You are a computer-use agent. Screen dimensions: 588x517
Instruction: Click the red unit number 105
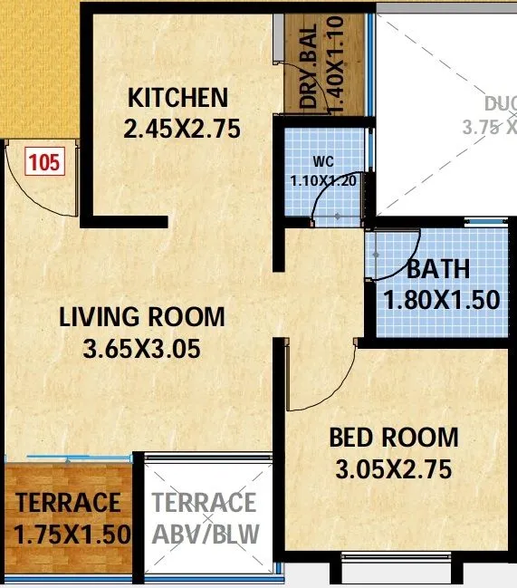coord(43,163)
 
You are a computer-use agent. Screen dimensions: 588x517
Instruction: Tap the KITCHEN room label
coord(177,98)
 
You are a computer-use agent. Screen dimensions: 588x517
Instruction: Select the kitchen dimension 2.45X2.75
coord(182,129)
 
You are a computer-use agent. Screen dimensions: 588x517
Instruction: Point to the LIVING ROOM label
coord(142,317)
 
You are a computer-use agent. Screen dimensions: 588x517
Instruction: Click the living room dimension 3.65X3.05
coord(141,348)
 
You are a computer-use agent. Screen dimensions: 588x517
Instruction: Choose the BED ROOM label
coord(393,439)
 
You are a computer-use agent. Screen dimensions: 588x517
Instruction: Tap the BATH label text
coord(438,269)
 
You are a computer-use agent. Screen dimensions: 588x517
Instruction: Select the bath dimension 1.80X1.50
coord(442,299)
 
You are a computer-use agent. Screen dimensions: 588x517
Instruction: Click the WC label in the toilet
coord(323,162)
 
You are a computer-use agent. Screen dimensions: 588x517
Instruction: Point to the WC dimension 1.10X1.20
coord(323,180)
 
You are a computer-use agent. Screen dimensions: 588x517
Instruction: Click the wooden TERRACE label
coord(68,502)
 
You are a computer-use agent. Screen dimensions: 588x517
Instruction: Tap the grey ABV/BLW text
coord(204,533)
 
